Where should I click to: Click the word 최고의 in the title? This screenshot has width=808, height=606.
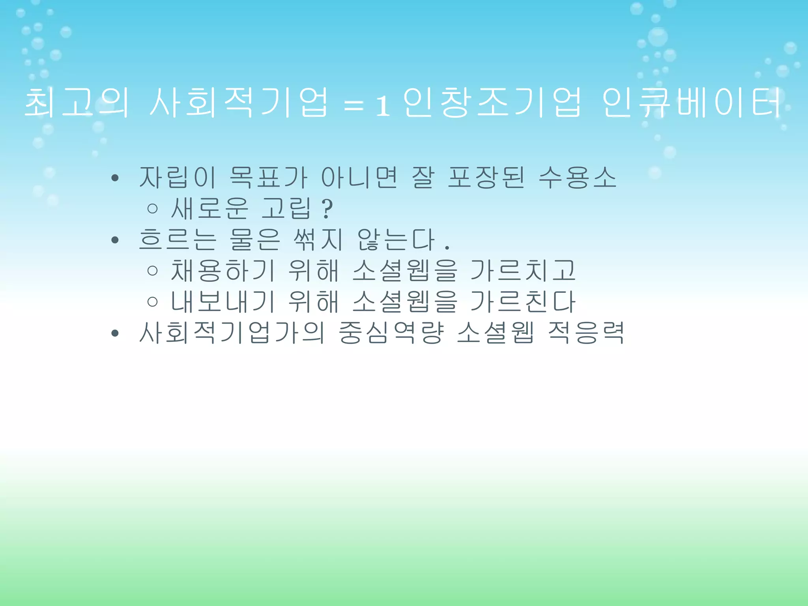coord(77,103)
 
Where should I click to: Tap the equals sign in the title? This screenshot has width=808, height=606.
coord(353,106)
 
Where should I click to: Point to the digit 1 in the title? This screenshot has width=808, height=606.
coord(382,106)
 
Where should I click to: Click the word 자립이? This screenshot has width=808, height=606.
coord(178,177)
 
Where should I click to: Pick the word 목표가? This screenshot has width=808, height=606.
coord(268,177)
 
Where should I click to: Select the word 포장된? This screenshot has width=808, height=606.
coord(486,177)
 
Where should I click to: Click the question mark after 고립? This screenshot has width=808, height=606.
coord(327,209)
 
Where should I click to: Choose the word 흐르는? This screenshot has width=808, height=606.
coord(178,239)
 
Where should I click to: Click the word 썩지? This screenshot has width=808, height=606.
coord(318,239)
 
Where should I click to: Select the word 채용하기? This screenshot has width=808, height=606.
coord(223,271)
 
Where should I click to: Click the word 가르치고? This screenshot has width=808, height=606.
coord(523,271)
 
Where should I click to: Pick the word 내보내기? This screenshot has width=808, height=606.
coord(223,302)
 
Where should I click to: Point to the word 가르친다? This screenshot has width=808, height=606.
coord(523,302)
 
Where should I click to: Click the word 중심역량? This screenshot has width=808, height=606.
coord(391,333)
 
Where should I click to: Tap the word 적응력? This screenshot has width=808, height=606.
coord(586,333)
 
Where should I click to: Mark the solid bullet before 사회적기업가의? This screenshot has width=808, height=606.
coord(115,334)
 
